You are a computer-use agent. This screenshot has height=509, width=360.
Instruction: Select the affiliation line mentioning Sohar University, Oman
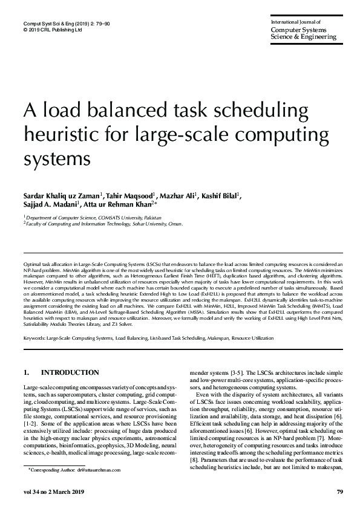(x=103, y=223)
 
